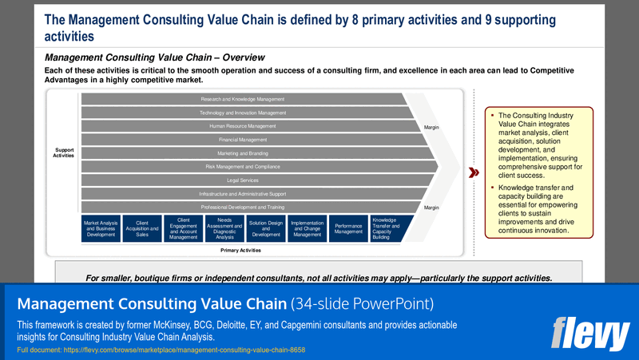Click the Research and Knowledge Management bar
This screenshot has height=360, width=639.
pyautogui.click(x=242, y=99)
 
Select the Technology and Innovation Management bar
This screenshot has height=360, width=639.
pyautogui.click(x=242, y=113)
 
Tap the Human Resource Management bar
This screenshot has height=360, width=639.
pyautogui.click(x=242, y=126)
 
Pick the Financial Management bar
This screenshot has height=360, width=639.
pyautogui.click(x=242, y=140)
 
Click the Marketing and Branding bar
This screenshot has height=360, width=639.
pyautogui.click(x=242, y=153)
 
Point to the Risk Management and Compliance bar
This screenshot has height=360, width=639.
pyautogui.click(x=242, y=167)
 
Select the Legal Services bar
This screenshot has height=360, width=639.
pyautogui.click(x=242, y=180)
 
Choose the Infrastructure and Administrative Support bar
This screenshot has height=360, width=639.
pyautogui.click(x=242, y=194)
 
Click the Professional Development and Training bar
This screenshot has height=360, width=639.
pyautogui.click(x=242, y=208)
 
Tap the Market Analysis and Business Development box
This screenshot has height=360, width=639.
pyautogui.click(x=101, y=227)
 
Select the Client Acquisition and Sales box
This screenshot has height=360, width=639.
pyautogui.click(x=141, y=227)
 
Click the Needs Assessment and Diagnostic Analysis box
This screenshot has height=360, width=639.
pyautogui.click(x=224, y=227)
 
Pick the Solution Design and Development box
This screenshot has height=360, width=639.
pyautogui.click(x=265, y=227)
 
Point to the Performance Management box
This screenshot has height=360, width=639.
pyautogui.click(x=348, y=227)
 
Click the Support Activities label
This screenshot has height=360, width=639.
pyautogui.click(x=64, y=152)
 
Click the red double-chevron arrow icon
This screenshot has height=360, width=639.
pyautogui.click(x=473, y=172)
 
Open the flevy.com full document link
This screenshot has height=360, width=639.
pyautogui.click(x=161, y=350)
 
